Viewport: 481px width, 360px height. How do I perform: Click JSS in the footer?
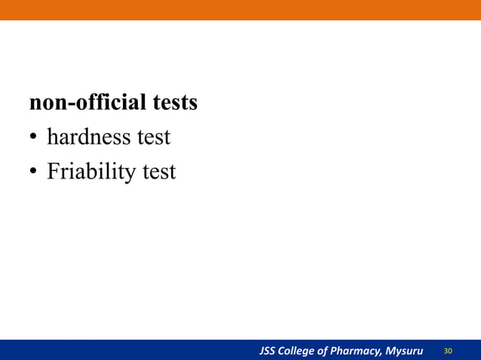268,351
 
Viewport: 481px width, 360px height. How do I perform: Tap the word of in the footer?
328,351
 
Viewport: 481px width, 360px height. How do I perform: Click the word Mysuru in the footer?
405,351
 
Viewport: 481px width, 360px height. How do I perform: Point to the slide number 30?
449,351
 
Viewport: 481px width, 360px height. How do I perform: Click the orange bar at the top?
240,10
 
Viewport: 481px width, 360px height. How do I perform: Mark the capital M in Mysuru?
391,351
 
